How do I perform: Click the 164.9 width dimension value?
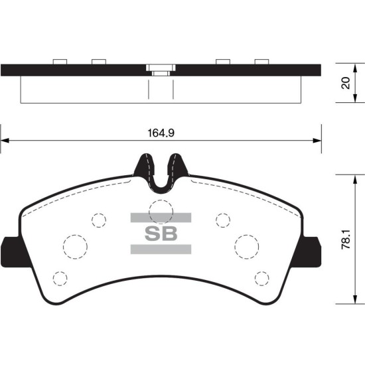point(161,133)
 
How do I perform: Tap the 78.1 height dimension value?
point(346,240)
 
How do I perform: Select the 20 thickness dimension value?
point(346,83)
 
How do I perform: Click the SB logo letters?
point(161,234)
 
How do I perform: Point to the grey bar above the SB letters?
point(161,218)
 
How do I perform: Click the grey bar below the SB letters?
point(161,249)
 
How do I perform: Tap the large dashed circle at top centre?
point(161,200)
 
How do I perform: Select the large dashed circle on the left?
point(75,235)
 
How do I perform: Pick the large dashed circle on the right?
point(247,235)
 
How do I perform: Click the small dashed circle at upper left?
point(99,213)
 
